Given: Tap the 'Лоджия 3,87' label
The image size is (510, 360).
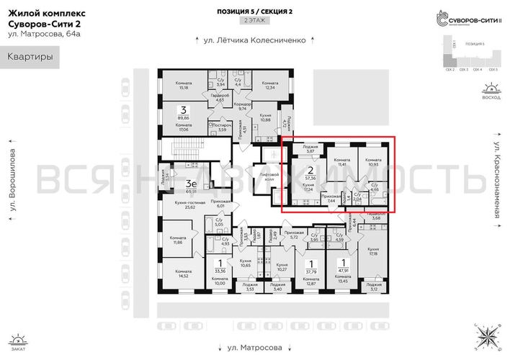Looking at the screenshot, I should pos(310,148).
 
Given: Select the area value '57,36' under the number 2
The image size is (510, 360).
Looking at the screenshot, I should pos(310,176).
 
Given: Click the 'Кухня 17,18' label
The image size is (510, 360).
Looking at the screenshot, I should pos(372,251).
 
